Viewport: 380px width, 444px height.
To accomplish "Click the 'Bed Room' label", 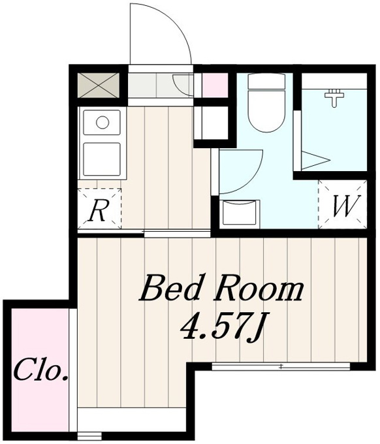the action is point(221,291).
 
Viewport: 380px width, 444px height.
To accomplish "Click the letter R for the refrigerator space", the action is point(98,211).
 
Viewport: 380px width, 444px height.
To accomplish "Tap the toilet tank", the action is point(266,82).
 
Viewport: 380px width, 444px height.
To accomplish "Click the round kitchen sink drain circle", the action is point(103,123).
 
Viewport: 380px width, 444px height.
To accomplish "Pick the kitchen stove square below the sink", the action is point(103,159).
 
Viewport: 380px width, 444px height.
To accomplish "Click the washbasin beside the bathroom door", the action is point(240,214).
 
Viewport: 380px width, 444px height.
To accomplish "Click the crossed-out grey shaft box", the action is point(98,86).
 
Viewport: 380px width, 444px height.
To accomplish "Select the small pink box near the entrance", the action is point(215,86).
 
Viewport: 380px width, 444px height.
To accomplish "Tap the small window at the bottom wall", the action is point(89,436).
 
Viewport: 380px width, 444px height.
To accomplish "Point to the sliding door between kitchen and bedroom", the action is point(177,234).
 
